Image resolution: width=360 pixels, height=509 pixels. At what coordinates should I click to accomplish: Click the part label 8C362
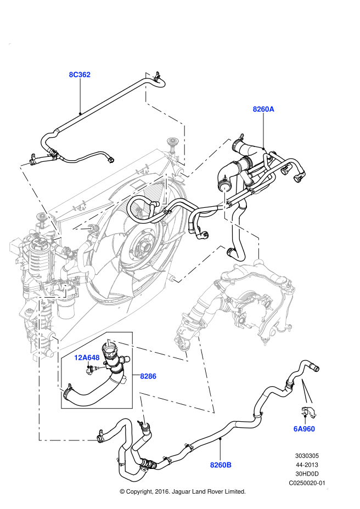click(x=80, y=74)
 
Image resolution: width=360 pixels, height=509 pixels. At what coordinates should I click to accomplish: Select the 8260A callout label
click(x=263, y=109)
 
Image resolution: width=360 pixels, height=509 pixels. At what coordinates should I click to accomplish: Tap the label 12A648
click(x=87, y=358)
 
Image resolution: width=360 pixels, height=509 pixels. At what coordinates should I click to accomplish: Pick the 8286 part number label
click(x=148, y=376)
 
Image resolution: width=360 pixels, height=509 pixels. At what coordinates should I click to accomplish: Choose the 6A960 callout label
click(x=304, y=429)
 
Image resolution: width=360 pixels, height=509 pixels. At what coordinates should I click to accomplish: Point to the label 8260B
click(x=221, y=465)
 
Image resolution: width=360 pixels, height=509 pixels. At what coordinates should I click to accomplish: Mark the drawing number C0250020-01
click(x=307, y=483)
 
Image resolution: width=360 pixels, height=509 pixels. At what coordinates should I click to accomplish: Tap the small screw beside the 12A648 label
click(x=89, y=370)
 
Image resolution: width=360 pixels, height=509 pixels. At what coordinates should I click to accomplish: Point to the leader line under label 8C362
click(x=80, y=96)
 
